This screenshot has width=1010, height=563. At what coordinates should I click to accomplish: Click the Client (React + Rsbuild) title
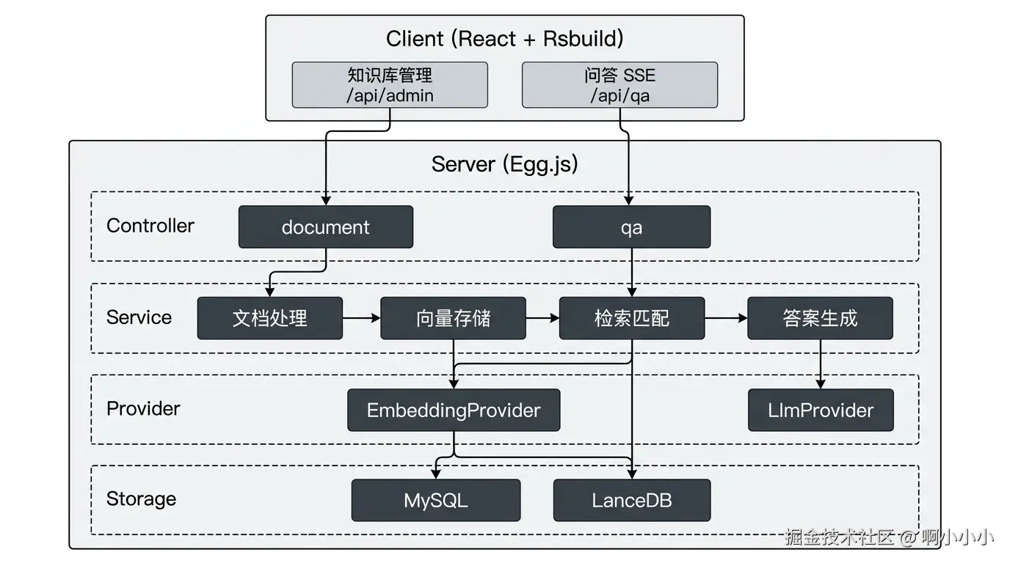click(x=504, y=39)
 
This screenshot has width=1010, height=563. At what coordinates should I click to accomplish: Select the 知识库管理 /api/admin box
click(x=390, y=85)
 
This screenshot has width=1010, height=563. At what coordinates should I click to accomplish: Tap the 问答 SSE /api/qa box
click(x=620, y=85)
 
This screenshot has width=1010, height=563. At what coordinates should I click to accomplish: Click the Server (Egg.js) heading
click(x=504, y=164)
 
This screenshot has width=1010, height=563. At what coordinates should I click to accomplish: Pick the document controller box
click(x=326, y=227)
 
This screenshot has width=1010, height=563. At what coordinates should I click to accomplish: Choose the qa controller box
click(x=631, y=227)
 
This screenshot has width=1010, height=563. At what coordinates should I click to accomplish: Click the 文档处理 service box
click(x=269, y=318)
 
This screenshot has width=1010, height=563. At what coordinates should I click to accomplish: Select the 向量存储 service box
click(x=453, y=318)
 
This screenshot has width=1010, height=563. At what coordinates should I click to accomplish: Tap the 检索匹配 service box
click(x=631, y=318)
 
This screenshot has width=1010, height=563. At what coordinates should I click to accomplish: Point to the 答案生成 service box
click(x=820, y=318)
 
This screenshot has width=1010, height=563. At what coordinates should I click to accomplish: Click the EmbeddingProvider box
click(x=453, y=410)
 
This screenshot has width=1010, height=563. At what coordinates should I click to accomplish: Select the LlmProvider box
click(x=820, y=410)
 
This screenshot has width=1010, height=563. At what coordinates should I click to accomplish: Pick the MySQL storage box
click(x=435, y=501)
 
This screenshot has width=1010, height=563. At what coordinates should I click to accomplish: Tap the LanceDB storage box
click(x=631, y=501)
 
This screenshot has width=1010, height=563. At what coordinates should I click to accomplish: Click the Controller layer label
click(x=150, y=226)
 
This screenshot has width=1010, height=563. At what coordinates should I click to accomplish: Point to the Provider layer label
click(x=143, y=408)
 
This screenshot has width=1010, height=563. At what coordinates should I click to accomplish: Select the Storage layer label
click(x=141, y=499)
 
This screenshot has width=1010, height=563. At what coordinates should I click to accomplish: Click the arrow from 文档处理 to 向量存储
click(x=361, y=318)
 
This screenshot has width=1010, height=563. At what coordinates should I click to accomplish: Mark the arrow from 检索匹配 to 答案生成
click(x=726, y=318)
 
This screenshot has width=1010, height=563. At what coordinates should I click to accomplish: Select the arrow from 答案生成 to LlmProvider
click(x=820, y=364)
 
